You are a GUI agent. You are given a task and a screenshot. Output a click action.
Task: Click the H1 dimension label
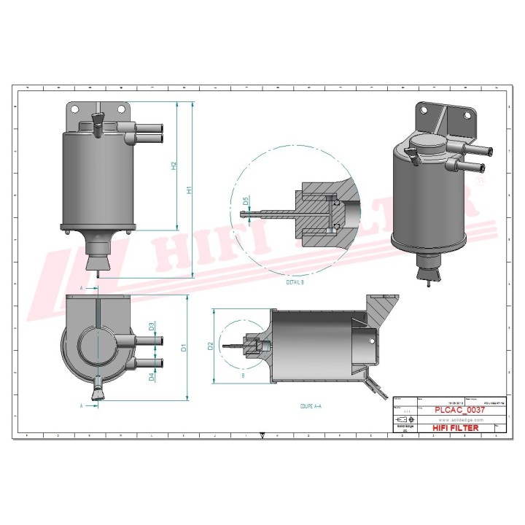point(189,190)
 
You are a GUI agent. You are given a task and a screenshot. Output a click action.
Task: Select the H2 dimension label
point(174,166)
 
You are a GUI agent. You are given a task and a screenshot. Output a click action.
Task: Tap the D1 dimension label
point(185,348)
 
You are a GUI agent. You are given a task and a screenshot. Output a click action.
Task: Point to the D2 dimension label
point(210,345)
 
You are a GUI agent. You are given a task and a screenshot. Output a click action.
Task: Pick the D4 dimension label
point(151,376)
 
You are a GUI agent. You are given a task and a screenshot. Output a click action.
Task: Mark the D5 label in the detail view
point(246,201)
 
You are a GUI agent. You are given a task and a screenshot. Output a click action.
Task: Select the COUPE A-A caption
point(312,406)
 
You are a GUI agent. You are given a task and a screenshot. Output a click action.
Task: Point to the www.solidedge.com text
point(457,419)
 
